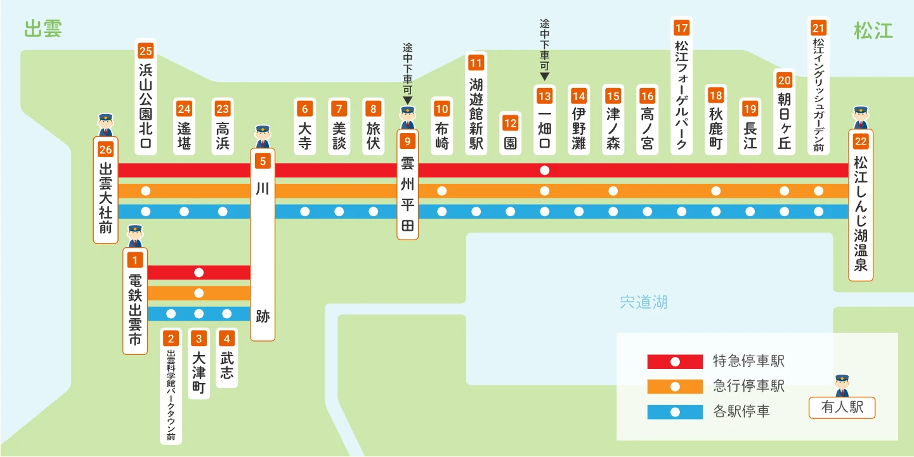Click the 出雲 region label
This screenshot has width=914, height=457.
pos(43,29)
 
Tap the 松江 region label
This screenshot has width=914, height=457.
pos(873,31)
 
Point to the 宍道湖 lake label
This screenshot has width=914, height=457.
pos(643,302)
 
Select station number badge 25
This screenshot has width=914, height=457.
pos(146,51)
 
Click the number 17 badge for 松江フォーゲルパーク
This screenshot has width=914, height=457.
pos(681,28)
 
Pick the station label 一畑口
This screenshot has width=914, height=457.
pos(544,129)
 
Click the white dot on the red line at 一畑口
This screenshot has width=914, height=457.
pos(544,171)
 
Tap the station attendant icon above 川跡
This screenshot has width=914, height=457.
pos(263,136)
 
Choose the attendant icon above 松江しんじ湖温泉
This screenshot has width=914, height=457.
pos(861,118)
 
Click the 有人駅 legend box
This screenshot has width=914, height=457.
pos(842,408)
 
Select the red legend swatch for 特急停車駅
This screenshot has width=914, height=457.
pos(675,361)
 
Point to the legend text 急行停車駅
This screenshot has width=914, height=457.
pos(748,385)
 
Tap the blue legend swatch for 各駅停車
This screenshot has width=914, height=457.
pos(675,412)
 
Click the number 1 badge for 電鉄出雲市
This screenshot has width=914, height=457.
pos(134,260)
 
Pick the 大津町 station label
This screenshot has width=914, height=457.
pos(199,372)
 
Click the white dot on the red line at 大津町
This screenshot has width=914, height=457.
pos(199,273)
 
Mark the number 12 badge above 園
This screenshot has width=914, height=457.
pos(510,123)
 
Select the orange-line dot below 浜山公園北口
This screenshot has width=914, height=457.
pos(146,191)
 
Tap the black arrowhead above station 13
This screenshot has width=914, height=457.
pos(544,76)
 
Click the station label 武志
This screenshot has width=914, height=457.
pos(227,365)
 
